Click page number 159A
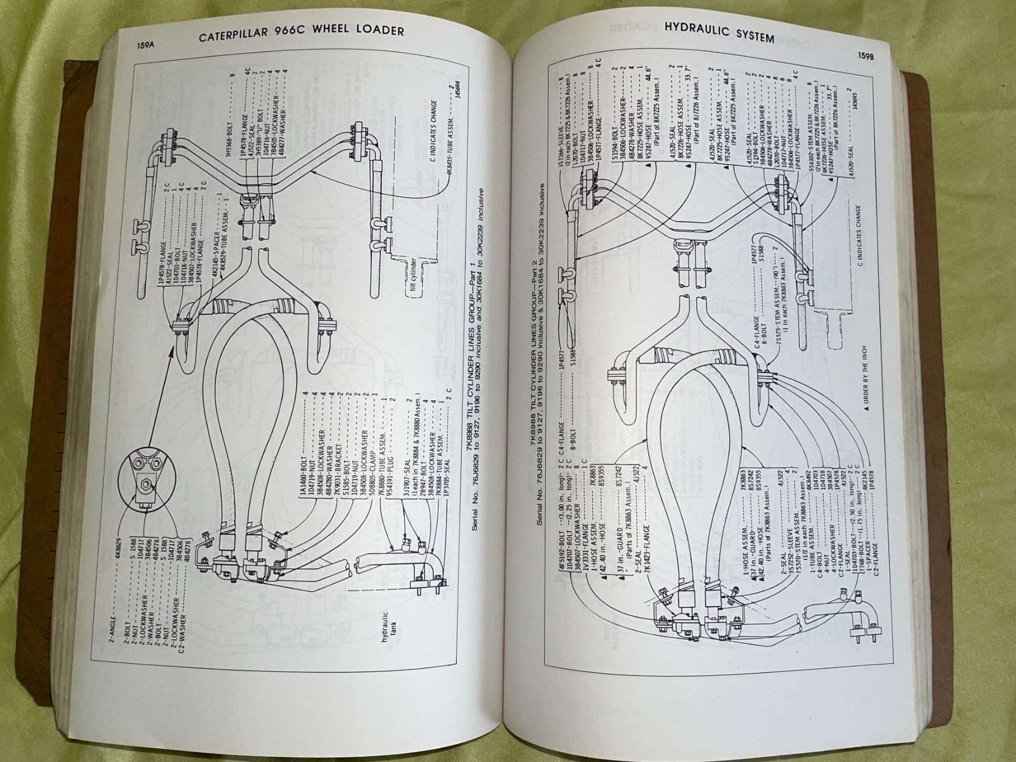click(145, 47)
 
